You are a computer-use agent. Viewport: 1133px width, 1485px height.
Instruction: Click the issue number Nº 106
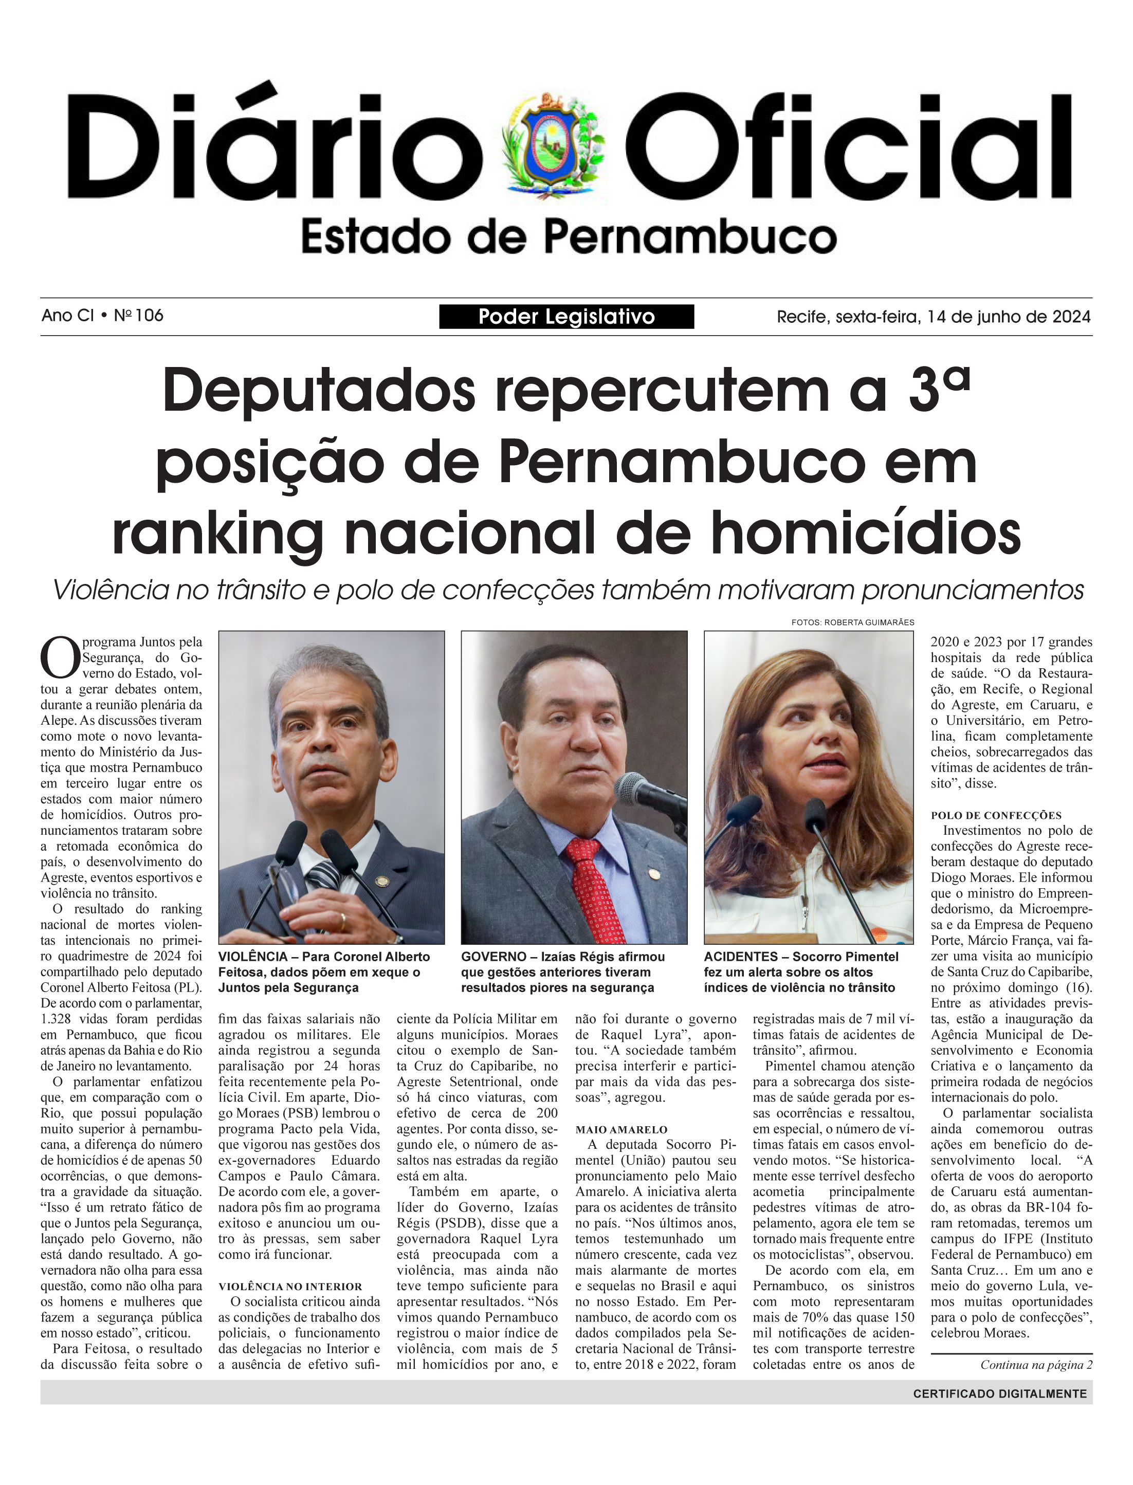point(138,316)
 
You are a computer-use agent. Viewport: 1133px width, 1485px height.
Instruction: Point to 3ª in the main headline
point(939,389)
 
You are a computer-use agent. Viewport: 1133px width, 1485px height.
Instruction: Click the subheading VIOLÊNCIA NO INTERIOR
point(290,1287)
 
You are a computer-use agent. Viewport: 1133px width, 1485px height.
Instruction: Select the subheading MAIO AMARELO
point(621,1130)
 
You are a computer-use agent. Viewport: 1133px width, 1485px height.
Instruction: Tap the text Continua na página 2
point(1036,1365)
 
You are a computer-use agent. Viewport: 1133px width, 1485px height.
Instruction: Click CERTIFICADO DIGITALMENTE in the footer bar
point(999,1394)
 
